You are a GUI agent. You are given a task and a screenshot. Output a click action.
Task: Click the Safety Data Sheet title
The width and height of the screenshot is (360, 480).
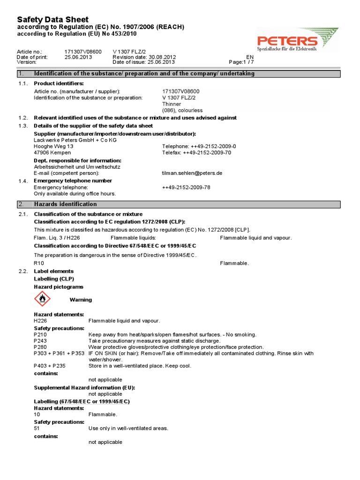point(52,19)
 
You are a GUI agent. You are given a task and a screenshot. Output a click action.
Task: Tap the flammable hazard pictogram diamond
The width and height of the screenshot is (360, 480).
point(42,299)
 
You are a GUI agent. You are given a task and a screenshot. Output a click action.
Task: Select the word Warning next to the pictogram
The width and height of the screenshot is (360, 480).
point(81,300)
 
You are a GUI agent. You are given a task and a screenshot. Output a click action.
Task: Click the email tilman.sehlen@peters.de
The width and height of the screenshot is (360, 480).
point(192,173)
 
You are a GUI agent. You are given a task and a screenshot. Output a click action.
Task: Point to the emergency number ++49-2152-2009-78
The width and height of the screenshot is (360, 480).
point(186,187)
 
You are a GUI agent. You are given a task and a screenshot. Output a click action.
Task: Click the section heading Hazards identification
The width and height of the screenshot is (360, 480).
point(65,204)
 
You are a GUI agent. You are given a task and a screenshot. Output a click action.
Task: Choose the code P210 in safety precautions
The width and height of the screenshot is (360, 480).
point(41,335)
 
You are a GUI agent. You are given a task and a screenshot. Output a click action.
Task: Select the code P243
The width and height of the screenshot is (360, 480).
point(41,341)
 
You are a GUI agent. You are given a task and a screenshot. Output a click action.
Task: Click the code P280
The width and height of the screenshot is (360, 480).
point(41,347)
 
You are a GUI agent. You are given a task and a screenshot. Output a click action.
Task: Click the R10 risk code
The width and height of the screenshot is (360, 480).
point(39,263)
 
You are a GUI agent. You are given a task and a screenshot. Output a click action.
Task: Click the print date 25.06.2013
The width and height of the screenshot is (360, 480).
point(78,57)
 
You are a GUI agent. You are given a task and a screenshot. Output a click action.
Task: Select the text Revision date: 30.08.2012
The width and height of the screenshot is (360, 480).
point(144,57)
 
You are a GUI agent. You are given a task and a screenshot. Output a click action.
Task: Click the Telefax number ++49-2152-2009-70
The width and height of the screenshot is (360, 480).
point(196,152)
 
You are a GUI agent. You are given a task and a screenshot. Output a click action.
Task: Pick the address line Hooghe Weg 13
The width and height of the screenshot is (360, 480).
point(54,146)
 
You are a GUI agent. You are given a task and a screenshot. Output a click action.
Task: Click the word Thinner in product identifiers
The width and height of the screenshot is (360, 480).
point(172,104)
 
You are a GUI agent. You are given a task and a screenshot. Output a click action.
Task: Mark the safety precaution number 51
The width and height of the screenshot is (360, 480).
point(37,428)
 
